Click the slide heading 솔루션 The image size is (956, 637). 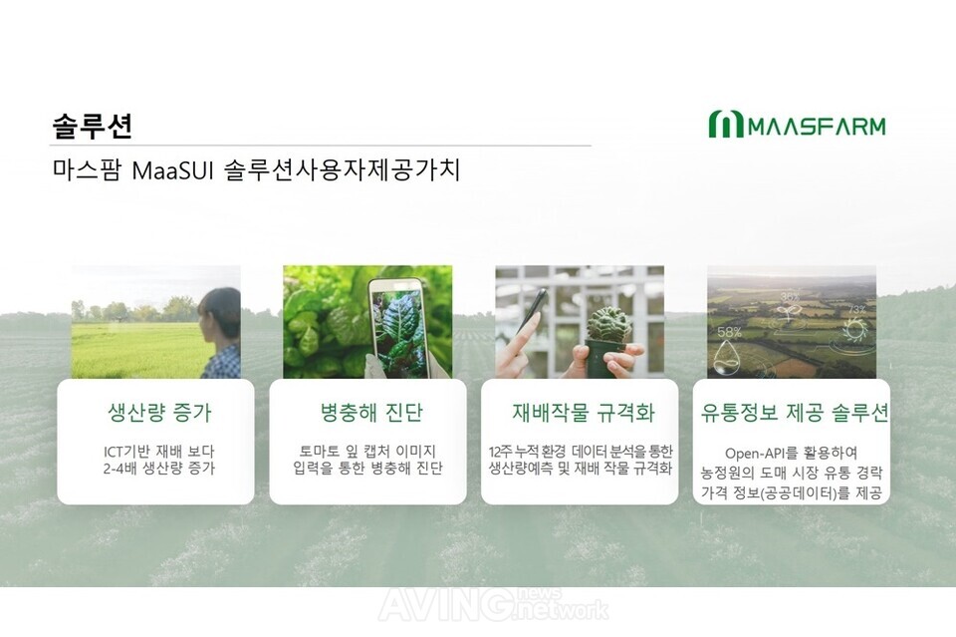point(92,126)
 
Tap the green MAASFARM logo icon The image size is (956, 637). point(726,124)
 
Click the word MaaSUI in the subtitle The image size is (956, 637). point(172,170)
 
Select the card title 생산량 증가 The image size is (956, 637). point(159,413)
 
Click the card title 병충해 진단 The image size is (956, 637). point(370,413)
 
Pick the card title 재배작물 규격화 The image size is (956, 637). point(583,413)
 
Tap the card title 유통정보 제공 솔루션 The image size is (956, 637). point(794,413)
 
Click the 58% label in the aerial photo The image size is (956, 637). point(729,332)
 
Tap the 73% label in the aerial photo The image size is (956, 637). point(856,309)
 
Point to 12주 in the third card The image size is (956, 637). point(501,452)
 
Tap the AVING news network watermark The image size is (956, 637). point(493,604)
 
